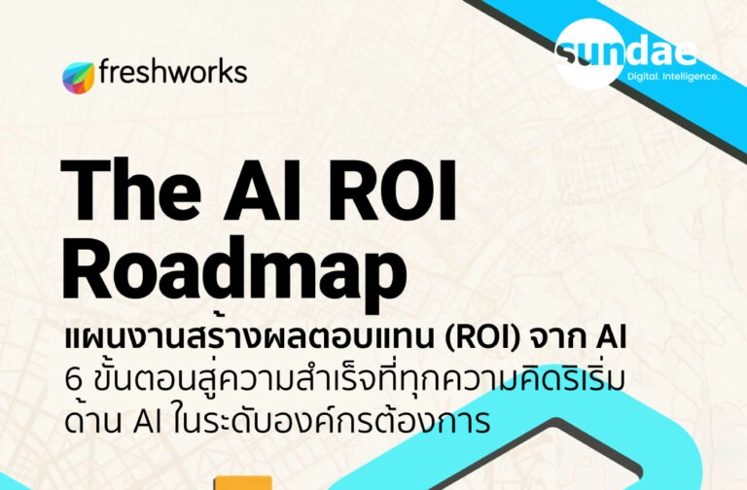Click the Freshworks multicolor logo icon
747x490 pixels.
click(x=79, y=77)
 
